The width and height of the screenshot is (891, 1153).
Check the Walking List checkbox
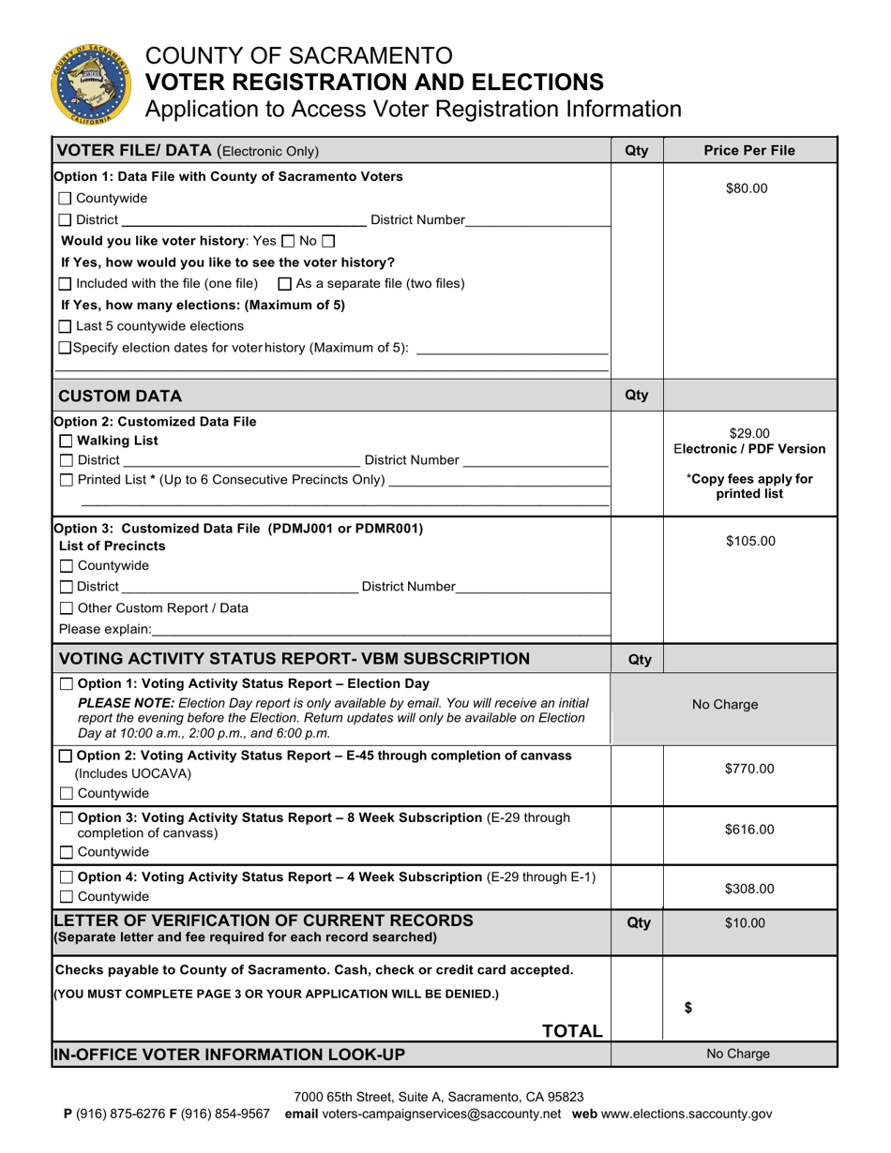pyautogui.click(x=65, y=441)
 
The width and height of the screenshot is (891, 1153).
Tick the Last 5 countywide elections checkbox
pyautogui.click(x=65, y=326)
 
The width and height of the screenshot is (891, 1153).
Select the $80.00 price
pyautogui.click(x=747, y=188)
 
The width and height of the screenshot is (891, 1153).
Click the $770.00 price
pyautogui.click(x=749, y=769)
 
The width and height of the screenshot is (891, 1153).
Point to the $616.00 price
pyautogui.click(x=749, y=830)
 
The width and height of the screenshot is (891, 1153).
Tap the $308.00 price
pyautogui.click(x=749, y=889)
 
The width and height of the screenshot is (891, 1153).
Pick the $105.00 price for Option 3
pyautogui.click(x=749, y=541)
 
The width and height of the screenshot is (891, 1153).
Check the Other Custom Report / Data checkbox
pyautogui.click(x=65, y=607)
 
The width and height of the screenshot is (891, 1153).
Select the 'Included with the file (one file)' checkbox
pyautogui.click(x=65, y=283)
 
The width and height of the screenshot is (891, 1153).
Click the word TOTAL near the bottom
pyautogui.click(x=572, y=1031)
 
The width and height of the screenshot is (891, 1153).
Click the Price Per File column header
pyautogui.click(x=749, y=151)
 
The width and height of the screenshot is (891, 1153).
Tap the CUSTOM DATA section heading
pyautogui.click(x=120, y=396)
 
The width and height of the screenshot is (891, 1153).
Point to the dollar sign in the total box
pyautogui.click(x=688, y=1009)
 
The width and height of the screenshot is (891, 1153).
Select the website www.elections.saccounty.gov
pyautogui.click(x=687, y=1115)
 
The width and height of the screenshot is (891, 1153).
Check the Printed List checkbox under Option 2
pyautogui.click(x=65, y=480)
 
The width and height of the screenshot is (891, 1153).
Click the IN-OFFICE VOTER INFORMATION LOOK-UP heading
pyautogui.click(x=230, y=1055)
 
